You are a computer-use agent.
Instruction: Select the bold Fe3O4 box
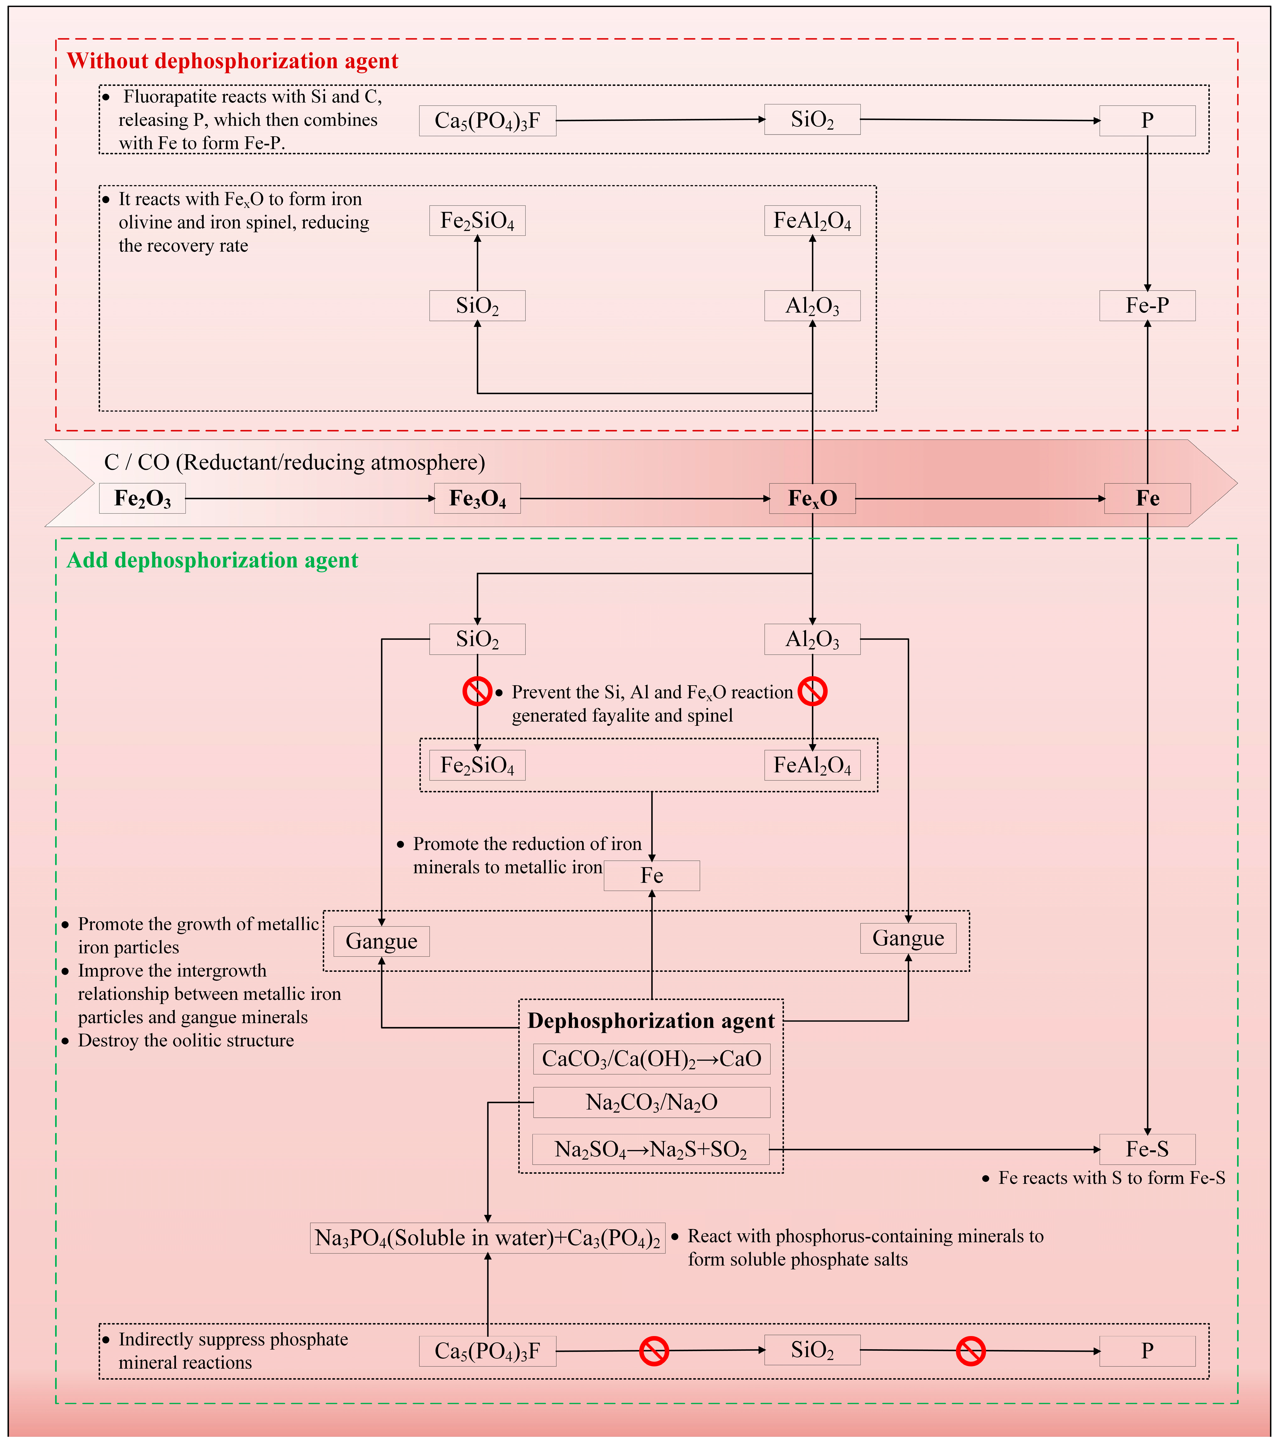pyautogui.click(x=478, y=499)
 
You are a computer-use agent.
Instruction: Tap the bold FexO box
pyautogui.click(x=812, y=499)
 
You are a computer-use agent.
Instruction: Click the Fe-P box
pyautogui.click(x=1147, y=306)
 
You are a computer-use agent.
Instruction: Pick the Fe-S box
pyautogui.click(x=1147, y=1149)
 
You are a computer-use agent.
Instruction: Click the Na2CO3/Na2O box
pyautogui.click(x=651, y=1103)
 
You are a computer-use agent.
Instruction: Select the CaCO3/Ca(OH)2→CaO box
pyautogui.click(x=651, y=1059)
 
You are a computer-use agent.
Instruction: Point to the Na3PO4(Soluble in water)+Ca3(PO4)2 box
pyautogui.click(x=488, y=1238)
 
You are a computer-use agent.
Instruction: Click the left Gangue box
pyautogui.click(x=382, y=942)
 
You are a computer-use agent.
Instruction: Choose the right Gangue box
pyautogui.click(x=908, y=938)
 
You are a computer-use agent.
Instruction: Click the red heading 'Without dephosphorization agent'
pyautogui.click(x=232, y=61)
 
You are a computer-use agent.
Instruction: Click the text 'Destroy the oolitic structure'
pyautogui.click(x=186, y=1041)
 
